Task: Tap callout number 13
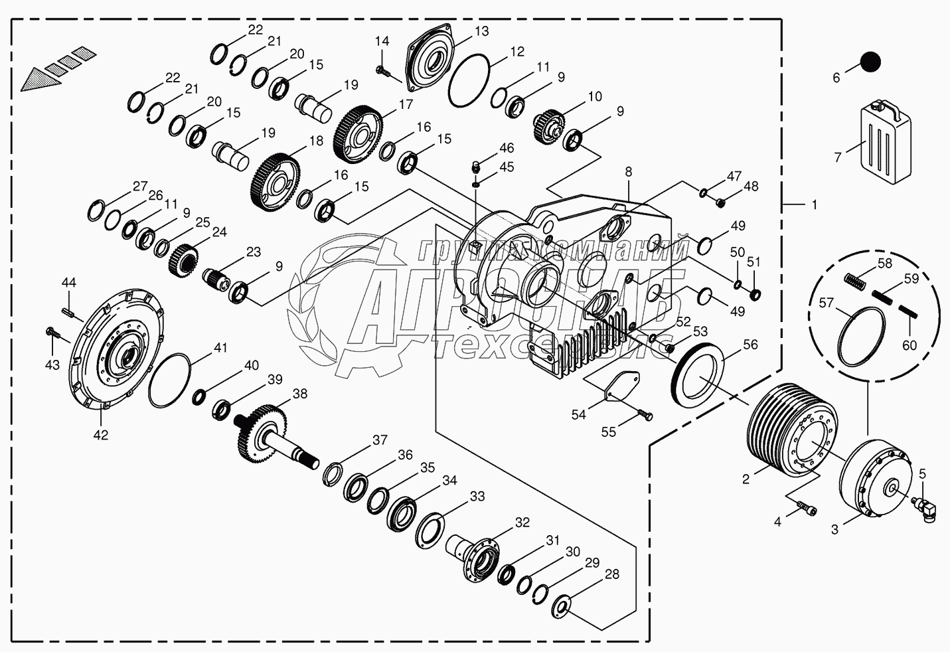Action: pyautogui.click(x=481, y=31)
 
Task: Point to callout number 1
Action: pyautogui.click(x=814, y=205)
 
